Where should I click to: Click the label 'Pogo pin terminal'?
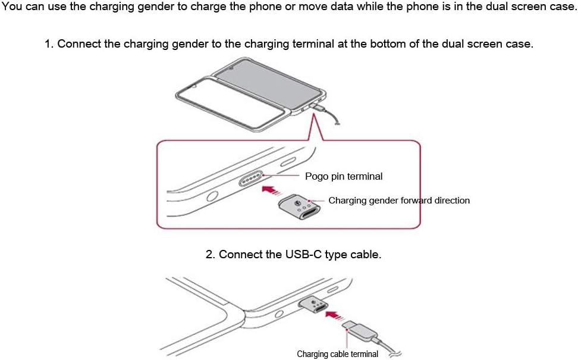tap(343, 176)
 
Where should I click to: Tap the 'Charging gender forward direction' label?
tap(398, 201)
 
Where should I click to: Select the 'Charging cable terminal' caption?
tap(337, 354)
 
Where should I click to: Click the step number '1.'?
tap(49, 44)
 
